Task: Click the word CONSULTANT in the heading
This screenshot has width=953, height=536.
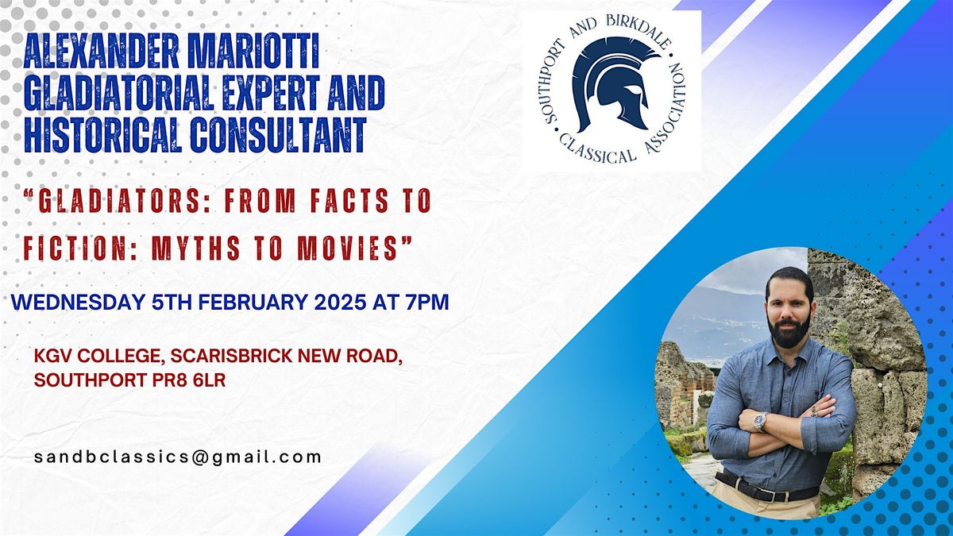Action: pyautogui.click(x=278, y=134)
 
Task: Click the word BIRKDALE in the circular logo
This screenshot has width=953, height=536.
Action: pyautogui.click(x=639, y=31)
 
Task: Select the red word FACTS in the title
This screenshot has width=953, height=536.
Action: pyautogui.click(x=349, y=200)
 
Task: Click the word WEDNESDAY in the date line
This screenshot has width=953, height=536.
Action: pyautogui.click(x=78, y=302)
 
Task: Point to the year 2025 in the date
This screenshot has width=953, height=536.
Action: pyautogui.click(x=340, y=302)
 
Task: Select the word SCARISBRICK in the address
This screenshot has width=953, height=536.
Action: pyautogui.click(x=231, y=356)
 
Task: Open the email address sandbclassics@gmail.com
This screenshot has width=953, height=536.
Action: pyautogui.click(x=178, y=457)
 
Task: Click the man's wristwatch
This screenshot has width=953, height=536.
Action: pyautogui.click(x=759, y=422)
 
